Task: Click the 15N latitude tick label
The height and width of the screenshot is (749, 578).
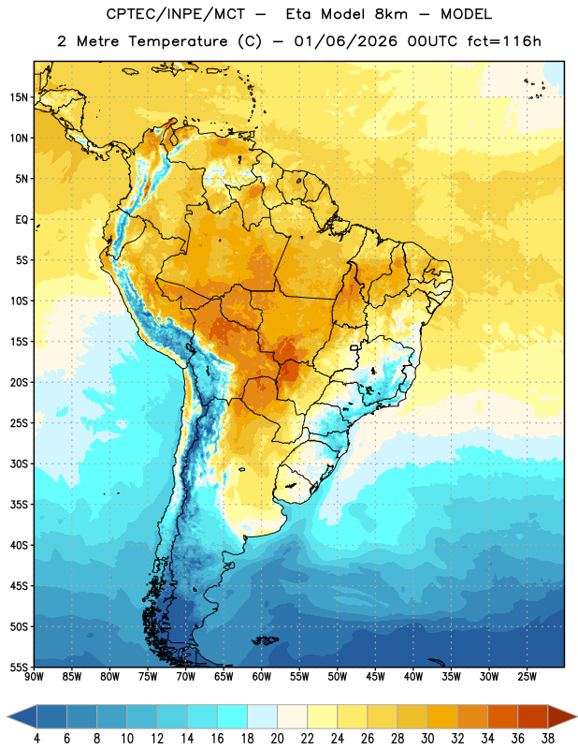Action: click(x=19, y=97)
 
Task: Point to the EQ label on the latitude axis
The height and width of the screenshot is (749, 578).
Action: click(x=22, y=220)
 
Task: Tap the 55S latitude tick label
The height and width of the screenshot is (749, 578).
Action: click(x=19, y=667)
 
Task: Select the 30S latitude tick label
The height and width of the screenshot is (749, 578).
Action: click(x=19, y=463)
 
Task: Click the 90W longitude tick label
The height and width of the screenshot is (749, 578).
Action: click(x=34, y=676)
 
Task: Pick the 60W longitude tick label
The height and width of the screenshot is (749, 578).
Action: click(x=262, y=676)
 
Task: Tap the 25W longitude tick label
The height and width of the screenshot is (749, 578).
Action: click(x=527, y=676)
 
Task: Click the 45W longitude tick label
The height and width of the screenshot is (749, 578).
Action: click(x=375, y=676)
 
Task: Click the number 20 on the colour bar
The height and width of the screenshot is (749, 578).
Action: click(x=277, y=739)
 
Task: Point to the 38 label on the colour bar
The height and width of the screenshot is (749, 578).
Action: click(x=548, y=739)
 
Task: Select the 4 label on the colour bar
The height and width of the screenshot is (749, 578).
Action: click(x=36, y=739)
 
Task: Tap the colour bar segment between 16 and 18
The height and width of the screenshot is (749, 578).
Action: click(x=232, y=716)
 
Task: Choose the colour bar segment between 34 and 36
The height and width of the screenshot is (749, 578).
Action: click(x=502, y=716)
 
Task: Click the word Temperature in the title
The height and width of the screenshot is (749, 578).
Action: click(x=178, y=41)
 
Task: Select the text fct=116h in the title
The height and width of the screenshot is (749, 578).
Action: click(x=504, y=41)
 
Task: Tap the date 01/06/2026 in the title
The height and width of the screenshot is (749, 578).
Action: click(x=345, y=41)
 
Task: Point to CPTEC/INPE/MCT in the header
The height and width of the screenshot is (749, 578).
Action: click(x=176, y=14)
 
